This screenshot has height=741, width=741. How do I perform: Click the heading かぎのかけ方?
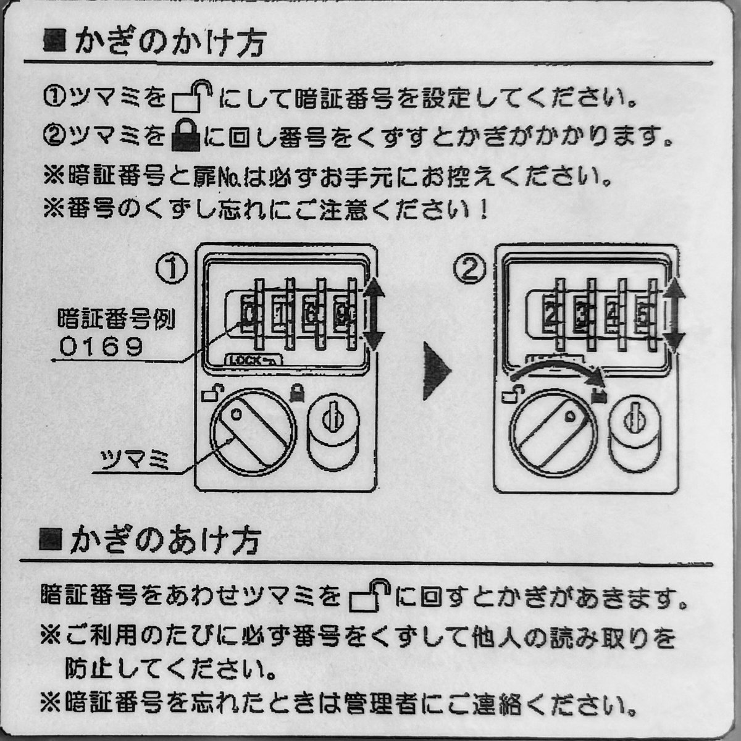point(167,43)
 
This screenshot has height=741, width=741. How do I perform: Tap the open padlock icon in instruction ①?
point(191,98)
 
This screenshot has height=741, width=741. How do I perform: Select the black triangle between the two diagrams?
point(437,370)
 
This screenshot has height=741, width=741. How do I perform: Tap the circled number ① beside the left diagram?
point(171,269)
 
